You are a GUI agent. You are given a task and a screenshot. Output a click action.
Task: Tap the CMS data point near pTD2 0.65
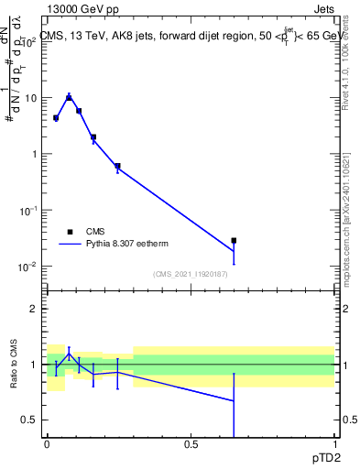point(234,241)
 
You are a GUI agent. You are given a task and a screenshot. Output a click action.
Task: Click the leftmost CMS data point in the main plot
point(56,118)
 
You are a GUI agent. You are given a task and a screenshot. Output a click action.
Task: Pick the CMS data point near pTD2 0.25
point(117,166)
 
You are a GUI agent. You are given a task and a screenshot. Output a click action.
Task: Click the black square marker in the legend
point(70,232)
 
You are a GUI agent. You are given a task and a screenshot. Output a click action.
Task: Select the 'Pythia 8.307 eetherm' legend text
point(128,244)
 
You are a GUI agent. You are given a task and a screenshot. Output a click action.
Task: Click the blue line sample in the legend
point(70,244)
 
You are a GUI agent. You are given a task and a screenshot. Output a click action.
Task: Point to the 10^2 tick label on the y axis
point(28,41)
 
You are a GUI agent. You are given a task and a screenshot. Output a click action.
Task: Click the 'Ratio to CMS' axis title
point(14,365)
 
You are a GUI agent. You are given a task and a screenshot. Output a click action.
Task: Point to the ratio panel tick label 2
point(35,309)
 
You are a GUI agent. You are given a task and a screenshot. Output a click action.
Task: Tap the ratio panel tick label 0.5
point(30,420)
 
